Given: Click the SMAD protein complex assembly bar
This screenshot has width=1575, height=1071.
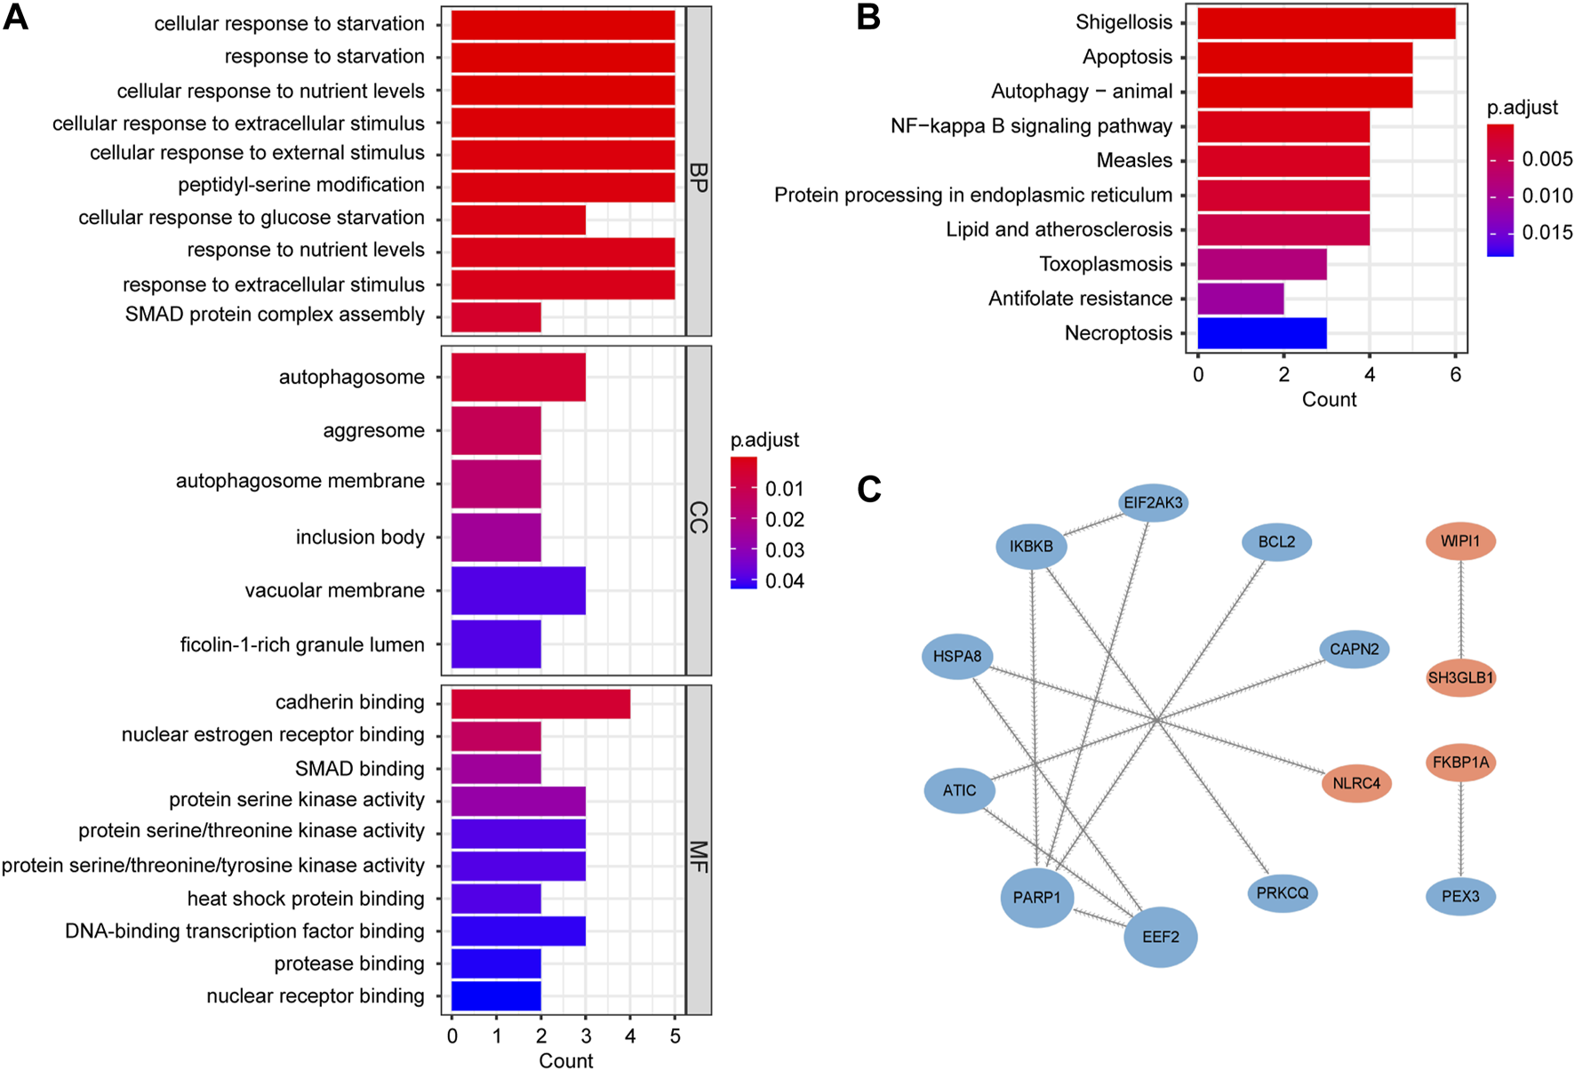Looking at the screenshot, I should click(496, 316).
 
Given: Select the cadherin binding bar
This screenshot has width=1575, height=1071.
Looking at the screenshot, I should click(540, 704).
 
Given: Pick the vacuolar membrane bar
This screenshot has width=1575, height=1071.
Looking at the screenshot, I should click(518, 590).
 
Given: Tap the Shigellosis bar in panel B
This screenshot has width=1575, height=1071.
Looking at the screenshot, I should click(1326, 23).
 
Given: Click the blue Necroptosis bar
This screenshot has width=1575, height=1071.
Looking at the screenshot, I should click(1262, 333).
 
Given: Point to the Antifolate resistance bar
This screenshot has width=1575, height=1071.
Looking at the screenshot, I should click(1241, 299).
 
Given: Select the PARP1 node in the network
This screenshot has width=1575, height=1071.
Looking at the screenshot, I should click(1036, 898).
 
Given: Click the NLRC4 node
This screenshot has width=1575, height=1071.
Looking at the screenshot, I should click(1356, 783).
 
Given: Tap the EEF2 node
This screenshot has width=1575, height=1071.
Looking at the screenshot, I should click(1160, 937).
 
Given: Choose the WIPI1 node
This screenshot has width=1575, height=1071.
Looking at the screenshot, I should click(1460, 541).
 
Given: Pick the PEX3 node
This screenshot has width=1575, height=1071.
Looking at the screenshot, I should click(1460, 896).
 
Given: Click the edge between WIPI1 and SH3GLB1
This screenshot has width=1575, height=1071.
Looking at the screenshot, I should click(1460, 610).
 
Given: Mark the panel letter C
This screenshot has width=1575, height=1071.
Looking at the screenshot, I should click(869, 489).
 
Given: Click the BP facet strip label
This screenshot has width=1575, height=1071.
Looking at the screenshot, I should click(699, 178).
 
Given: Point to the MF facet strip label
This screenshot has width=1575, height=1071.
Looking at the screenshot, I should click(699, 857).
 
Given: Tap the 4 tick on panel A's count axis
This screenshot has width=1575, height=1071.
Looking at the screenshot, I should click(630, 1036).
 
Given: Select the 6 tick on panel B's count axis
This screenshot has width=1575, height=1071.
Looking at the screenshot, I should click(1455, 375).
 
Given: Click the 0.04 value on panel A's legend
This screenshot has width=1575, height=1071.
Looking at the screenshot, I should click(784, 581).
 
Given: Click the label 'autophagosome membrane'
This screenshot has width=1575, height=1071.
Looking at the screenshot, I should click(300, 482).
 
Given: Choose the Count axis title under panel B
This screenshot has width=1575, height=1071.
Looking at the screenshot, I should click(1329, 400).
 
